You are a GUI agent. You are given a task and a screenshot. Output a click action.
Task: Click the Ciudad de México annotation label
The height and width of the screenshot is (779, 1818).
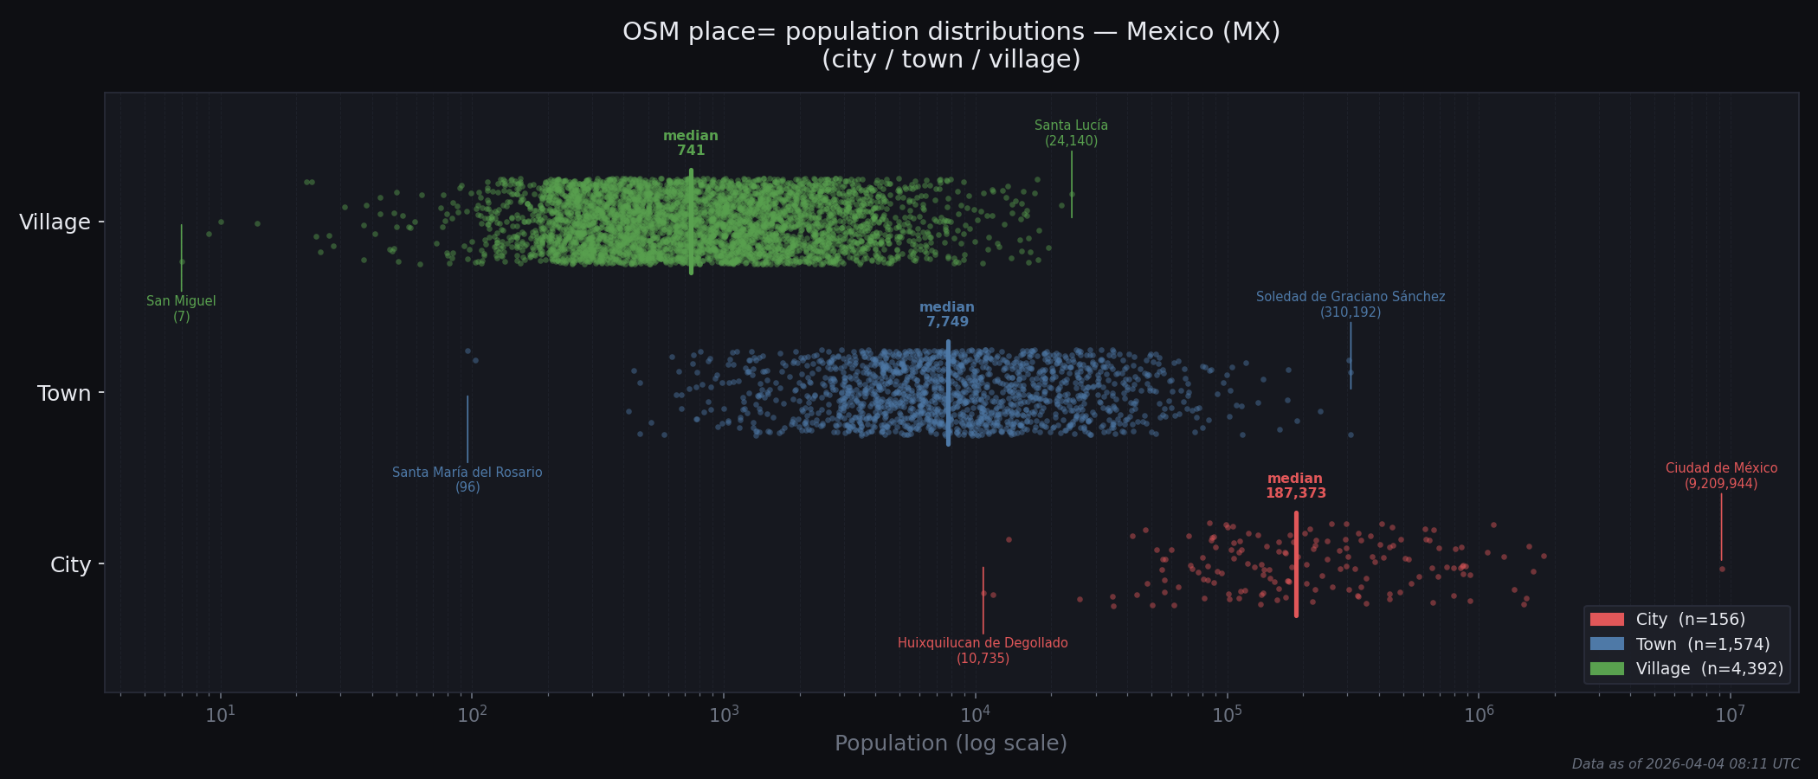pyautogui.click(x=1721, y=475)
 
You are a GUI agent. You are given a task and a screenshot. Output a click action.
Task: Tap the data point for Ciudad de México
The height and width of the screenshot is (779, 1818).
pyautogui.click(x=1722, y=569)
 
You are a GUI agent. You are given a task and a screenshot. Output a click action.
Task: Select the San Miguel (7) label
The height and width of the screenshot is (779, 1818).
pyautogui.click(x=181, y=309)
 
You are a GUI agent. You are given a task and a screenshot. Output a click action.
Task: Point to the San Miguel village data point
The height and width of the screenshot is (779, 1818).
pyautogui.click(x=182, y=261)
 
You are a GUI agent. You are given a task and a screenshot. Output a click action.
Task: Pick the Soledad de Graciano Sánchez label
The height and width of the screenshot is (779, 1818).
pyautogui.click(x=1350, y=304)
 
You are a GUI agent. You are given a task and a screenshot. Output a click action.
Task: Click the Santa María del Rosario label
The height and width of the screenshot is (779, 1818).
pyautogui.click(x=467, y=480)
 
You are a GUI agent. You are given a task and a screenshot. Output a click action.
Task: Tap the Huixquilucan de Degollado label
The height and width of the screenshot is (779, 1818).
pyautogui.click(x=983, y=650)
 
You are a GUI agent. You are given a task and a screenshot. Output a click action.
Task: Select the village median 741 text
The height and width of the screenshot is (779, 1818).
pyautogui.click(x=691, y=144)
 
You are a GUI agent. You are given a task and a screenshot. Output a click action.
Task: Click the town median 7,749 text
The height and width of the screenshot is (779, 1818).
pyautogui.click(x=947, y=315)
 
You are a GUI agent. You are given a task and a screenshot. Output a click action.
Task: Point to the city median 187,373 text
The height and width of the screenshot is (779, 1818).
pyautogui.click(x=1295, y=486)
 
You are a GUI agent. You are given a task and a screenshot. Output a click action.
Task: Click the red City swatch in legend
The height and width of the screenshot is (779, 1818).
pyautogui.click(x=1607, y=620)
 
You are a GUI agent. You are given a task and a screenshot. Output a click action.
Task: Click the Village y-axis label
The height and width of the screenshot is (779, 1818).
pyautogui.click(x=55, y=222)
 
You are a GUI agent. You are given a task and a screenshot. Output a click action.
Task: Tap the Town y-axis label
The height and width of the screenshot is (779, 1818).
pyautogui.click(x=64, y=394)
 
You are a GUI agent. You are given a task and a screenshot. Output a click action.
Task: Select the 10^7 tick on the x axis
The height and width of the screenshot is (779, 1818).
pyautogui.click(x=1730, y=714)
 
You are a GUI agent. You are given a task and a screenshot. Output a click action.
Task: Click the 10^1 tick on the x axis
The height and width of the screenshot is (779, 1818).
pyautogui.click(x=221, y=714)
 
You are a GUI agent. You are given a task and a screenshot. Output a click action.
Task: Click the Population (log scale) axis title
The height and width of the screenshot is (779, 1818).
pyautogui.click(x=951, y=744)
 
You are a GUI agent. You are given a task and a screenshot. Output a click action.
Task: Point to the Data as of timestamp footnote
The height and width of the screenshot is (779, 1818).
pyautogui.click(x=1685, y=764)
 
